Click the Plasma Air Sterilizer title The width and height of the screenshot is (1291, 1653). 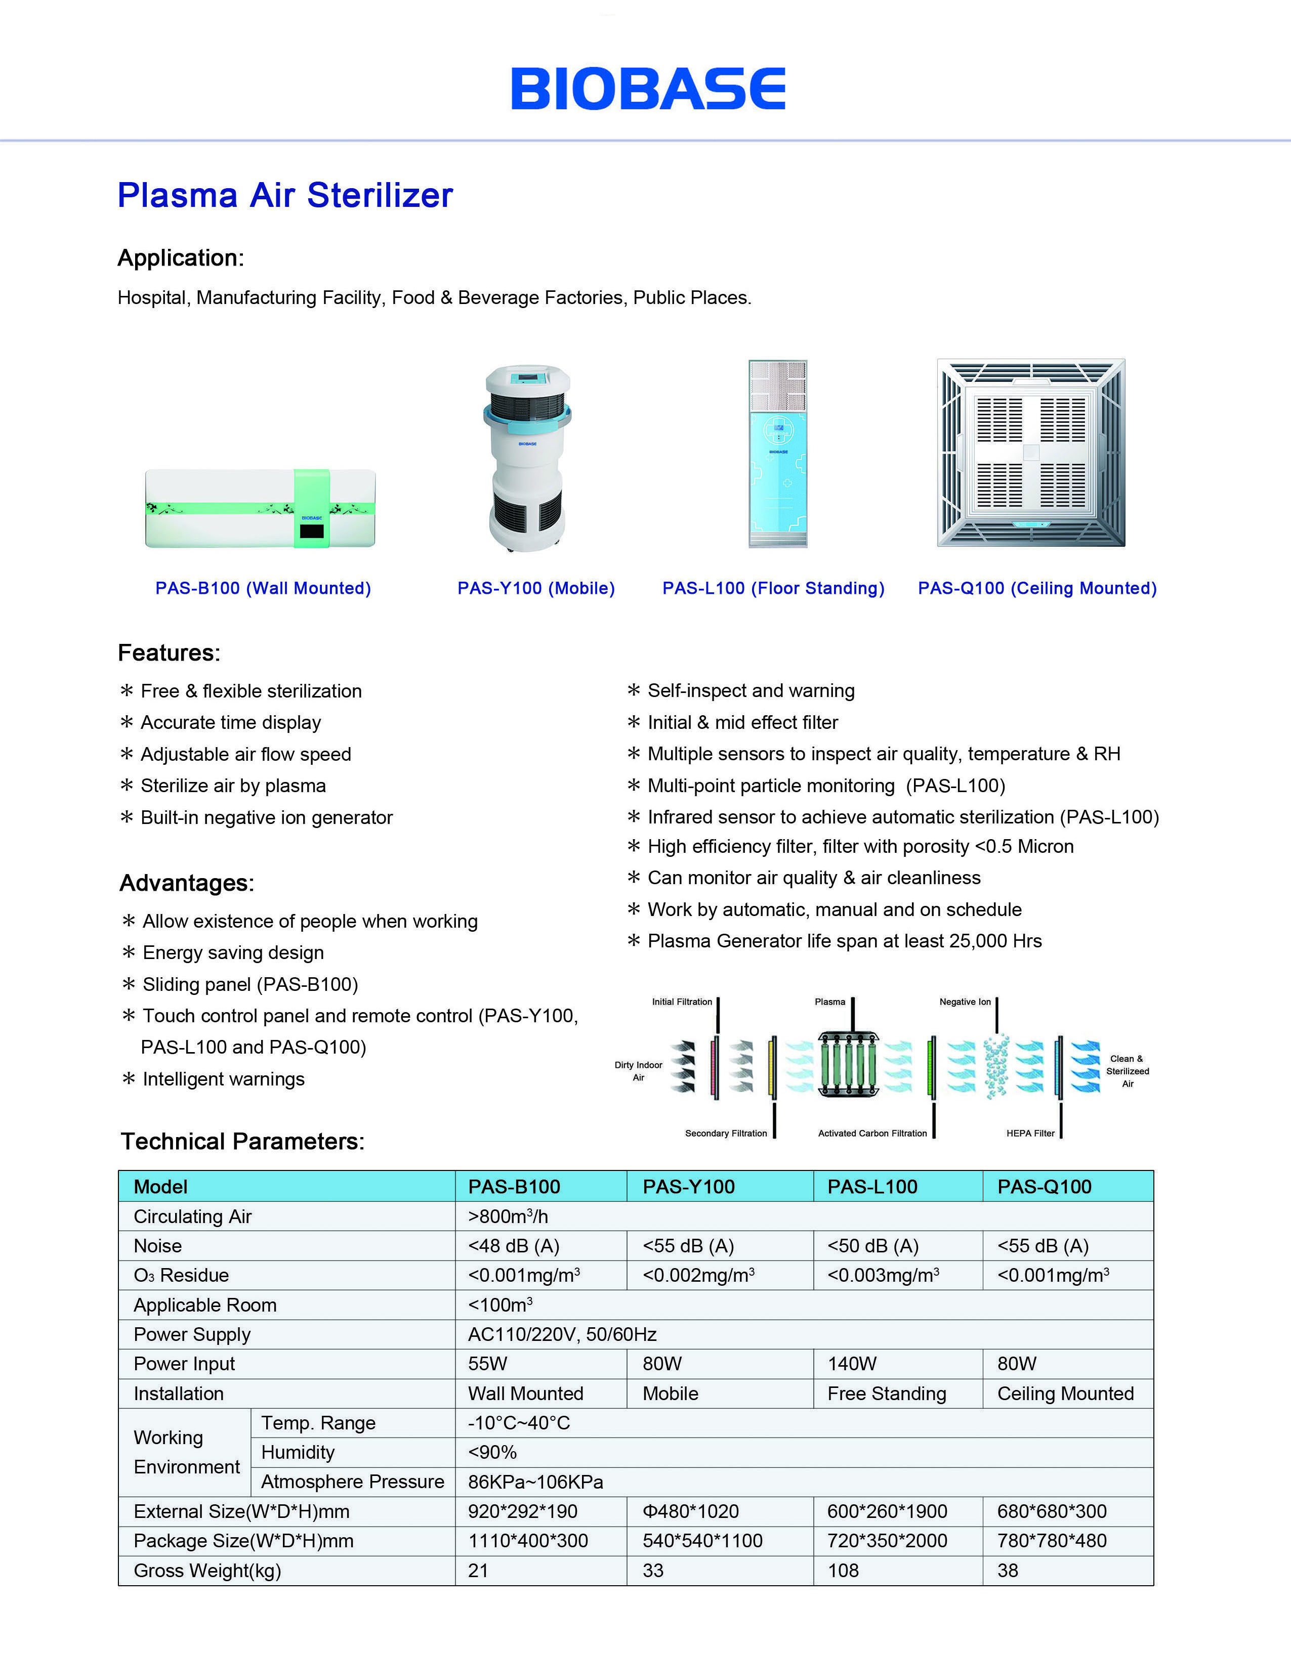pos(285,195)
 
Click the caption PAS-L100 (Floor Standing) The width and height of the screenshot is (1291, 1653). pos(773,588)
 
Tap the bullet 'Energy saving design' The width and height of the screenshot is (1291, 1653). pos(233,952)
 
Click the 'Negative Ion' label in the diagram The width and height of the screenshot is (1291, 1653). pos(965,1002)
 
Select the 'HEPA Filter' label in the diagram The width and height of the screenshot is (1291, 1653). pos(1030,1133)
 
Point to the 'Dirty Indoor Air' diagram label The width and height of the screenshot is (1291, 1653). pos(638,1071)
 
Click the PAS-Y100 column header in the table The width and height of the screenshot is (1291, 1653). pos(688,1187)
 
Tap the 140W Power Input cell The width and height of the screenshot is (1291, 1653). pos(852,1364)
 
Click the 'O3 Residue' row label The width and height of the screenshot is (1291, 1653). pos(181,1275)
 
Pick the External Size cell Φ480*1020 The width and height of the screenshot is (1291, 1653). pos(691,1511)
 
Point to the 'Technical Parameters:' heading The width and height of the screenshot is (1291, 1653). pos(242,1141)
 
